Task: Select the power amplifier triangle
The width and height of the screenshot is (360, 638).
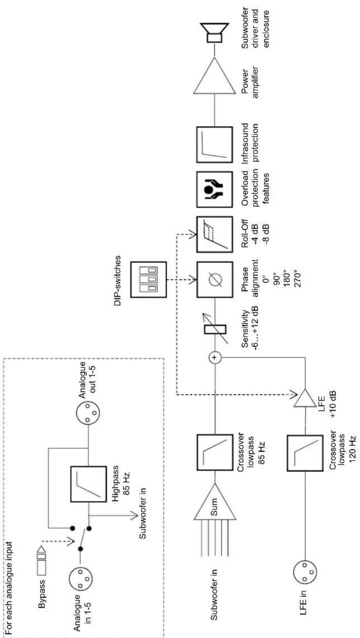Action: coord(214,75)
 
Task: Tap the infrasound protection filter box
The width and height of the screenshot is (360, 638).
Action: coord(214,145)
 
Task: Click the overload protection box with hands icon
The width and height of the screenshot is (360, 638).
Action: coord(214,189)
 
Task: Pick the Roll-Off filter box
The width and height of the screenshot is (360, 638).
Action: coord(214,234)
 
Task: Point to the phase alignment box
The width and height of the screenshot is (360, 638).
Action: coord(214,279)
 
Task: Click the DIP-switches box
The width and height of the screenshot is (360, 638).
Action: coord(148,280)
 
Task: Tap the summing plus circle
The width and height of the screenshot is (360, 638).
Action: coord(215,357)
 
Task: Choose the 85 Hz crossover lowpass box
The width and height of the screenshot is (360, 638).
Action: coord(214,452)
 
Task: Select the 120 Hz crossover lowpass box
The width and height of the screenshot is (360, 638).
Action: coord(305,453)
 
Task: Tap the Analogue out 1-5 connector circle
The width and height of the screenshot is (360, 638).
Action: coord(88,413)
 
